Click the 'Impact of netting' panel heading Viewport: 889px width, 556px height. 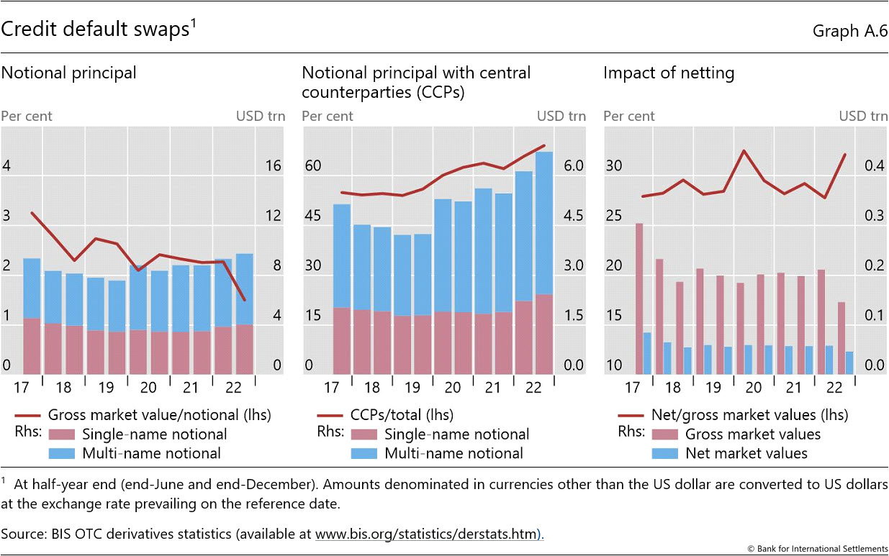coord(669,73)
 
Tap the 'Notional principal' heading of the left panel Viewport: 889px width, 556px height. coord(69,73)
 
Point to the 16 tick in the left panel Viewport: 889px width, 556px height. coord(273,166)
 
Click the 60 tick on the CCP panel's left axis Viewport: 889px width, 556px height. coord(312,166)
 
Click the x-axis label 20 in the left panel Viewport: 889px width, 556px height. coord(148,388)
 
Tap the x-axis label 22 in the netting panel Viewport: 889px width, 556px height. coord(834,388)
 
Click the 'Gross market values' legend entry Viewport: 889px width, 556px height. coord(752,434)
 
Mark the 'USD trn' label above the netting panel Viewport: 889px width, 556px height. coord(863,117)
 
